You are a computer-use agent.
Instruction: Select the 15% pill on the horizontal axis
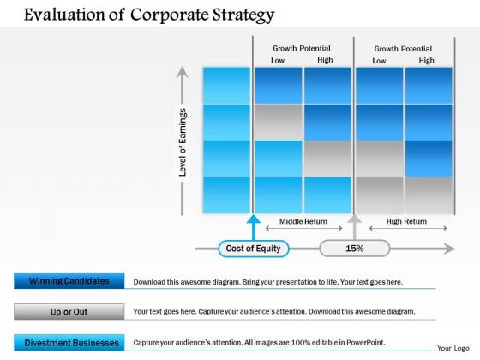[x=354, y=249]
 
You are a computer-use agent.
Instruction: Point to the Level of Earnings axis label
[x=183, y=141]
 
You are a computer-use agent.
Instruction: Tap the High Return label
[x=406, y=221]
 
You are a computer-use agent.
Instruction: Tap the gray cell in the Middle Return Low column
[x=279, y=123]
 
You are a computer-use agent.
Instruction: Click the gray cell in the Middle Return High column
[x=327, y=158]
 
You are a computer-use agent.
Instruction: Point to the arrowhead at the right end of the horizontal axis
[x=449, y=249]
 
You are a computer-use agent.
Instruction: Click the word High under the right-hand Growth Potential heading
[x=426, y=61]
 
